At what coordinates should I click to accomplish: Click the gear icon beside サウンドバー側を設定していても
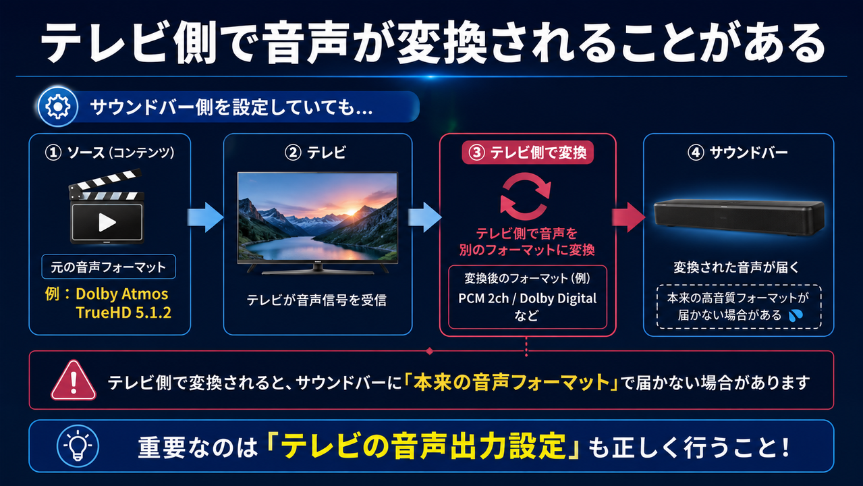click(x=58, y=107)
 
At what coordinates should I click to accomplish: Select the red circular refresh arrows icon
click(x=526, y=196)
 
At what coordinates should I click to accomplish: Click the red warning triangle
click(x=73, y=381)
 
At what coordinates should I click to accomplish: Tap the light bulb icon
click(x=78, y=446)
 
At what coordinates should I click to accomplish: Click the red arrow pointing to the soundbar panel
click(x=628, y=217)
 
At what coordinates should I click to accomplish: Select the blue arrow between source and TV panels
click(x=205, y=217)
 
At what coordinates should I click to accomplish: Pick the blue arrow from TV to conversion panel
click(x=424, y=217)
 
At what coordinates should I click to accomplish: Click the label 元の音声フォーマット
click(x=108, y=267)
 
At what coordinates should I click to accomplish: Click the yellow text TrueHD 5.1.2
click(x=123, y=313)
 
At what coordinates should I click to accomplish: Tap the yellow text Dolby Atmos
click(x=121, y=294)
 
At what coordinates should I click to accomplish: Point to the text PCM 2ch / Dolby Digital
click(x=527, y=298)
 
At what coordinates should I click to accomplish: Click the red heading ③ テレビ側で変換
click(x=528, y=153)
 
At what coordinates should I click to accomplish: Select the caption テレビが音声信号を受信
click(x=316, y=300)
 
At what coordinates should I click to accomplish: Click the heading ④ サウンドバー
click(x=737, y=153)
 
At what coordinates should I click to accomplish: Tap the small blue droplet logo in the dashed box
click(x=796, y=316)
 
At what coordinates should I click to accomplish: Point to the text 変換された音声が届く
click(x=736, y=267)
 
